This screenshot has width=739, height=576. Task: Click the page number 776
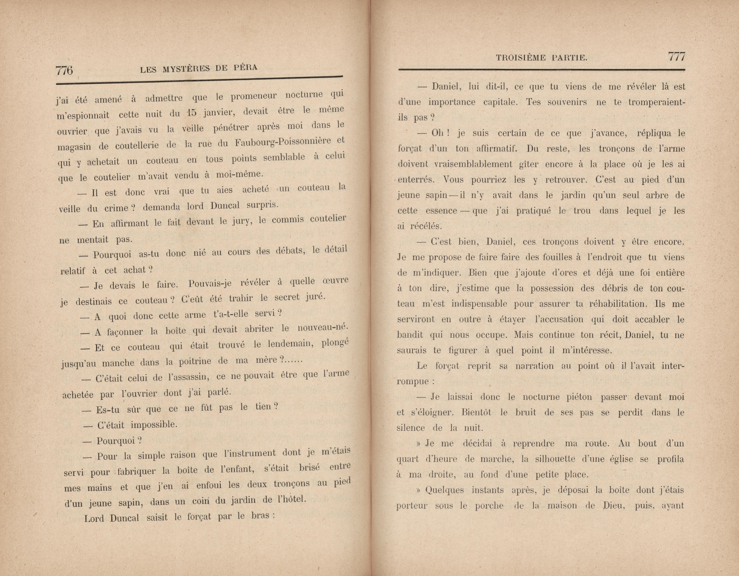pyautogui.click(x=64, y=70)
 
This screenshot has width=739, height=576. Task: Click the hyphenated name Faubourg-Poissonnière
pyautogui.click(x=283, y=142)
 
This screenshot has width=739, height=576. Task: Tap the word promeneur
pyautogui.click(x=254, y=97)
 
